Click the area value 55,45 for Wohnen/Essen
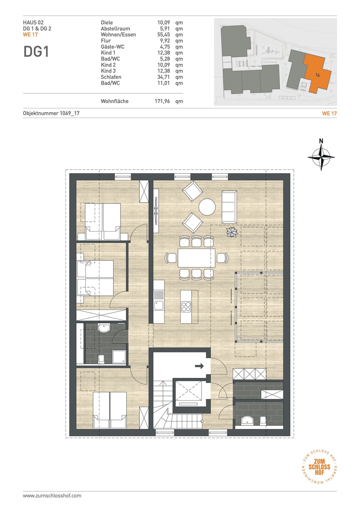[163, 35]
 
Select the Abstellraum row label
[116, 29]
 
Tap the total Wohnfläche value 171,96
[162, 101]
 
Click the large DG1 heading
[36, 51]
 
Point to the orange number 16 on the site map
[318, 75]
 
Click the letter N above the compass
[321, 141]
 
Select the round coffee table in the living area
[207, 207]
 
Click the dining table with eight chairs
[196, 258]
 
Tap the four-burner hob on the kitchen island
[186, 307]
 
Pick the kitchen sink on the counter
[159, 305]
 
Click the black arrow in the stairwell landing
[199, 366]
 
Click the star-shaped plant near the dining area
[232, 232]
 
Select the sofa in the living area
[229, 207]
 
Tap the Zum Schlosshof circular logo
[319, 467]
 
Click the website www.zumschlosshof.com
[52, 496]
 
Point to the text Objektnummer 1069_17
[51, 113]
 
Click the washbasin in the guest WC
[248, 420]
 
